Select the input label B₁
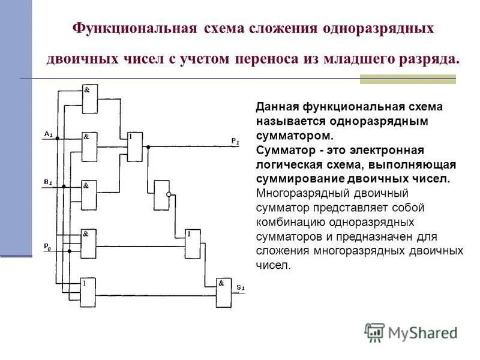coord(49,181)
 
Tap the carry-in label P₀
coord(47,246)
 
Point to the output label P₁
coord(235,140)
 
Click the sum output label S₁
coord(240,288)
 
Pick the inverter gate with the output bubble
coord(161,195)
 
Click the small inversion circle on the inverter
coord(170,194)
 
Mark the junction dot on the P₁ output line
coord(148,146)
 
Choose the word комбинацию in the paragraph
coord(287,222)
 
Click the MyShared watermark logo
coord(411,331)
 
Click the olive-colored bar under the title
coord(407,79)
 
